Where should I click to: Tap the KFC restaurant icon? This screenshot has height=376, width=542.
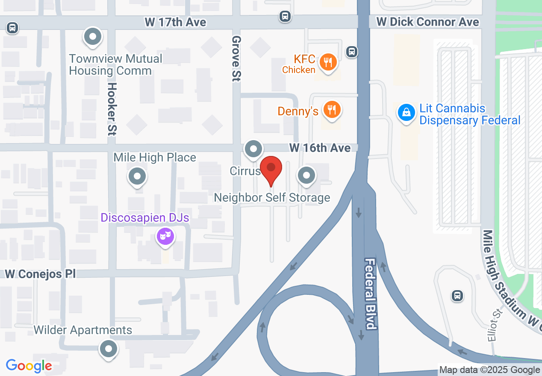[328, 63]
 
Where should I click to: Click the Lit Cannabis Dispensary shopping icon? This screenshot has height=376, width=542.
[406, 113]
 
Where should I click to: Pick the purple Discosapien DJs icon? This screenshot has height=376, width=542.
[165, 235]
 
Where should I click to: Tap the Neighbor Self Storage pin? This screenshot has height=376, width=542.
[306, 175]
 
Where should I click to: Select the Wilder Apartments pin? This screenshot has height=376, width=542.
[109, 349]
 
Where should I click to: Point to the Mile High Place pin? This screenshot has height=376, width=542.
[138, 176]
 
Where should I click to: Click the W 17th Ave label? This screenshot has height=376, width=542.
[176, 22]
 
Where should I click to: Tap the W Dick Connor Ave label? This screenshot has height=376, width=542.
[427, 22]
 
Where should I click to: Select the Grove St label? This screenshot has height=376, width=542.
[236, 58]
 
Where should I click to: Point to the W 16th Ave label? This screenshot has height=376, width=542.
[320, 148]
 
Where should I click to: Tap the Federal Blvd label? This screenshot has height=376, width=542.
[371, 294]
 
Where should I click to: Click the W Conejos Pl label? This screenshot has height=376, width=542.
[40, 274]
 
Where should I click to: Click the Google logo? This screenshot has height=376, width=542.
[29, 366]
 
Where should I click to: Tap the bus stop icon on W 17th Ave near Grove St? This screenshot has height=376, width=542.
[285, 17]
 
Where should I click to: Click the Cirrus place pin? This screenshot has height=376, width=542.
[253, 150]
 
